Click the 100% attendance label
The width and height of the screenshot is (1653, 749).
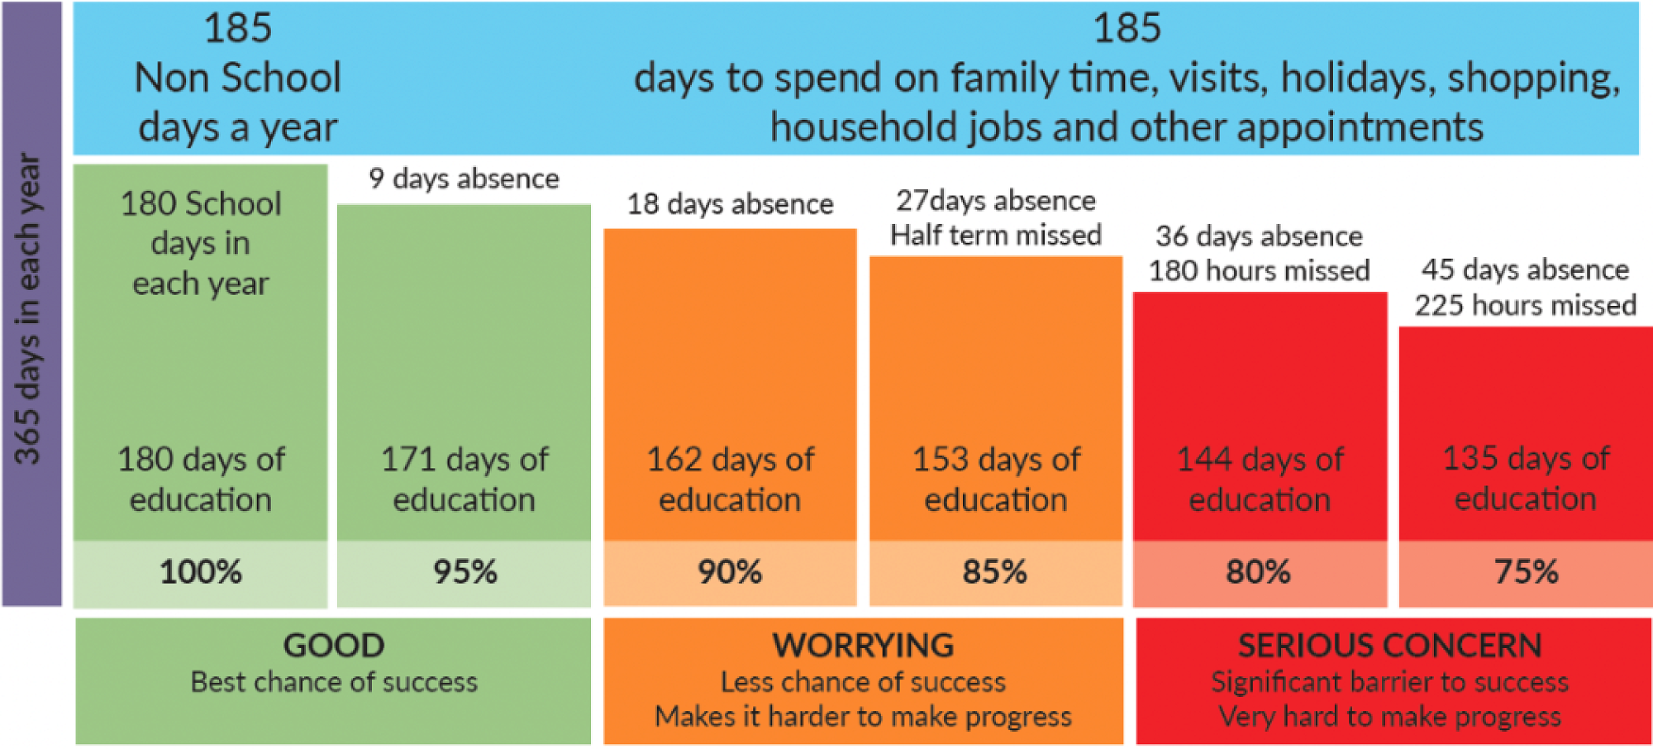tap(201, 572)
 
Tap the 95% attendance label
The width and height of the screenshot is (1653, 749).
tap(465, 572)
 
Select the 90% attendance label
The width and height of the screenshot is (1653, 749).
tap(730, 572)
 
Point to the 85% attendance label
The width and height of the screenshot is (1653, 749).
tap(995, 572)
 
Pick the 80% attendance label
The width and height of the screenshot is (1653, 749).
tap(1258, 572)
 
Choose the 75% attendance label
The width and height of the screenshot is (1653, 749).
tap(1526, 572)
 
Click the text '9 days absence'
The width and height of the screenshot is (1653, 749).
tap(464, 179)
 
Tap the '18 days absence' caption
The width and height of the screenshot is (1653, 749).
tap(730, 203)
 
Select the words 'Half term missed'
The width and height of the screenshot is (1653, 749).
tap(995, 236)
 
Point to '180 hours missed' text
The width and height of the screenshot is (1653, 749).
tap(1259, 271)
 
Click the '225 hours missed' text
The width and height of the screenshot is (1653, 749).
tap(1525, 306)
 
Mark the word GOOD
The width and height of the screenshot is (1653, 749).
tap(334, 646)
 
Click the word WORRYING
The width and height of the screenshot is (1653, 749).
tap(863, 646)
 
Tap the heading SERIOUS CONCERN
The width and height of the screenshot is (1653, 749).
tap(1390, 646)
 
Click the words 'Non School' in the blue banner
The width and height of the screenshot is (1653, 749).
tap(237, 78)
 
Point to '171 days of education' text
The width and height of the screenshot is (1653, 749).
tap(464, 479)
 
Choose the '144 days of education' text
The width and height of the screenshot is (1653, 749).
tap(1260, 479)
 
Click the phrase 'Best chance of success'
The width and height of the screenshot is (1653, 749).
tap(334, 682)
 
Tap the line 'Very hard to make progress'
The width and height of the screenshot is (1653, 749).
tap(1390, 716)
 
